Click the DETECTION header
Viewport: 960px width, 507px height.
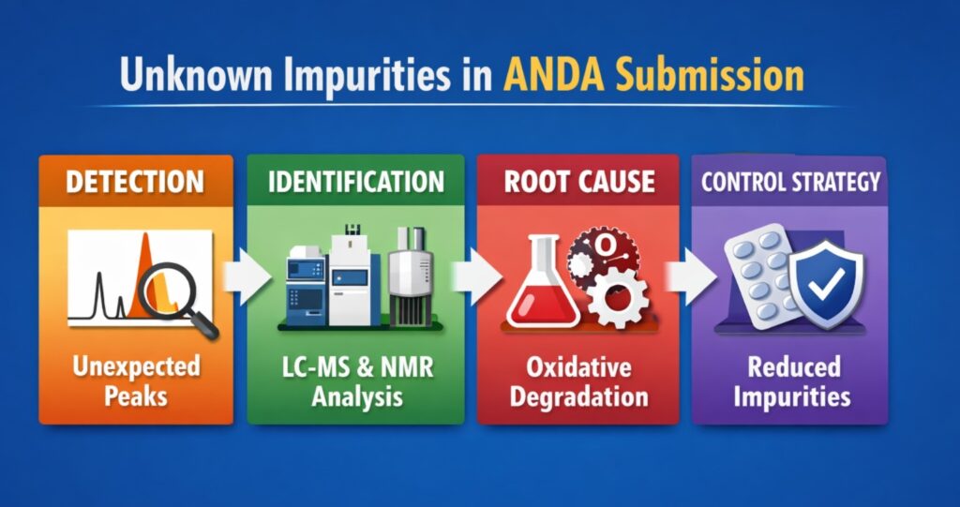(x=134, y=181)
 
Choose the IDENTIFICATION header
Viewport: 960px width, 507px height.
(x=355, y=181)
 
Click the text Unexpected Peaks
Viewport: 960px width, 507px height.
(x=134, y=380)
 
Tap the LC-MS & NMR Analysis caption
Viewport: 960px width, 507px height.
(x=355, y=380)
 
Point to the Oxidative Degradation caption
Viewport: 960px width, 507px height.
(x=578, y=380)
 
